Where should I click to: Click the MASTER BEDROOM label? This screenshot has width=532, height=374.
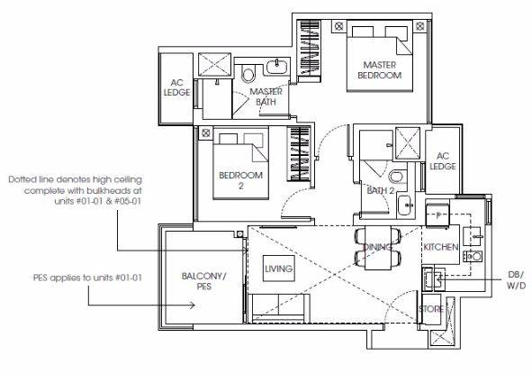379,70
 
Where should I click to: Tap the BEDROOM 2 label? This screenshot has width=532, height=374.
241,180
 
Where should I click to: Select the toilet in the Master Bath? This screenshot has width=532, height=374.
248,73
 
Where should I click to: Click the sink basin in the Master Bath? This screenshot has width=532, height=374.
277,67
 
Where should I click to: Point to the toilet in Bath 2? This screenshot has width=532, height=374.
396,177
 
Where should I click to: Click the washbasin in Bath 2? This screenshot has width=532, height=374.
406,205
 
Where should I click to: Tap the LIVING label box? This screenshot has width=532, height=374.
278,269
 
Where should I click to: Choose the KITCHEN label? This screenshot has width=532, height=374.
440,247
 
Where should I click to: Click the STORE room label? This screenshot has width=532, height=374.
431,309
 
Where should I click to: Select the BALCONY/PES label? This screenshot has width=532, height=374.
204,281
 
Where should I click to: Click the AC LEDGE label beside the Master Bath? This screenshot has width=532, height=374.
176,87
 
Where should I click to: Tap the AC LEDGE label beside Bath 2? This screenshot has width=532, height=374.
442,161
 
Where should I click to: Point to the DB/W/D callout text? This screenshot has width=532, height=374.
516,280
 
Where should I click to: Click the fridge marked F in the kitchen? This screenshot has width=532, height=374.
437,214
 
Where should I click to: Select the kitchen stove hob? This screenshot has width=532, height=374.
473,256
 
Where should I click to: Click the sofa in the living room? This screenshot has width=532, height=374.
278,308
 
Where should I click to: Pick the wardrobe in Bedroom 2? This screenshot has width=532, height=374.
300,154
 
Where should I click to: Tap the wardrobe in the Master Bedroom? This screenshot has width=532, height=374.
309,48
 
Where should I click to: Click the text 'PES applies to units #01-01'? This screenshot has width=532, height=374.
87,278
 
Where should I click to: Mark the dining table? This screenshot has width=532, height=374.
378,248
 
